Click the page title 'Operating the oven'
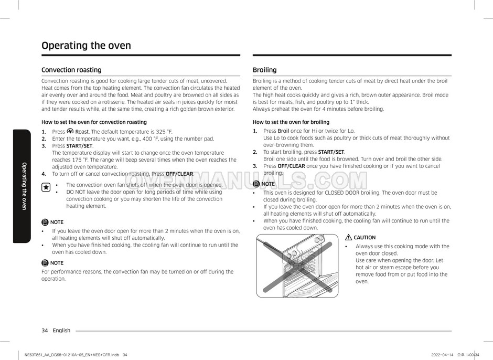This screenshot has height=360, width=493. [x=86, y=46]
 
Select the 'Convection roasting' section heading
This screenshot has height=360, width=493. [x=71, y=70]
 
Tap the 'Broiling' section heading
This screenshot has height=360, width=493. [x=264, y=70]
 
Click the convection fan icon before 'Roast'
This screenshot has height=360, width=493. [x=70, y=131]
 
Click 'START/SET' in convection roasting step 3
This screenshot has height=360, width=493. [x=80, y=145]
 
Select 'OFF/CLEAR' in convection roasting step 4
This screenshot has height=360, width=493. [x=179, y=174]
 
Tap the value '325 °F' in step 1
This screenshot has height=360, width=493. [x=163, y=132]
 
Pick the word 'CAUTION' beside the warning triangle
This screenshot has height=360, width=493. [x=365, y=238]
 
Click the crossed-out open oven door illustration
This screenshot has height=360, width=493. [x=297, y=265]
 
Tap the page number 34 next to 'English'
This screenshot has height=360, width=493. [x=45, y=331]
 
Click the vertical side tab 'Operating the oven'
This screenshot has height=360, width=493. [x=24, y=186]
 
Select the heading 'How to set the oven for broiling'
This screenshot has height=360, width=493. [x=291, y=122]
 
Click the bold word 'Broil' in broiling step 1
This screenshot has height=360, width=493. [x=283, y=131]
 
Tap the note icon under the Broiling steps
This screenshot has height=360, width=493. [x=256, y=184]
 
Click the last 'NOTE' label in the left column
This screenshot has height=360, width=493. [x=57, y=263]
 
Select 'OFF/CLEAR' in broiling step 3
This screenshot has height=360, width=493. [x=291, y=166]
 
